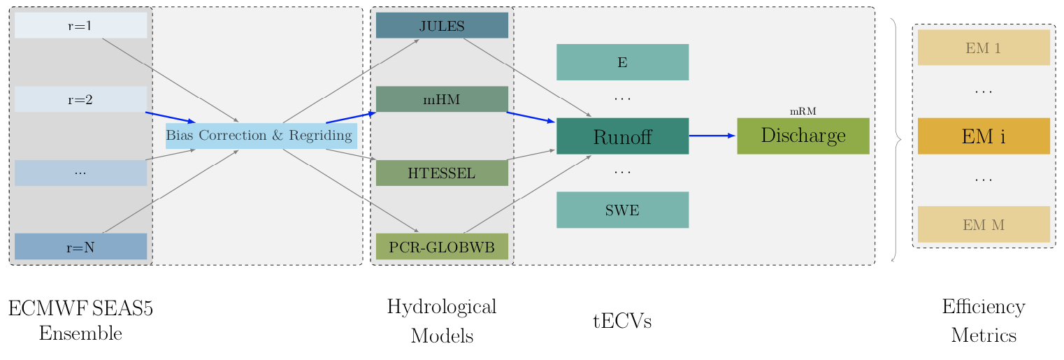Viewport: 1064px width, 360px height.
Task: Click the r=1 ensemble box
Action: [80, 26]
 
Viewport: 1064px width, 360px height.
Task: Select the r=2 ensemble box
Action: [80, 99]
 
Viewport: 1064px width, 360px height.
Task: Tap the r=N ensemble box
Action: [80, 246]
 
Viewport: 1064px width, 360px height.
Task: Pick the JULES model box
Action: [442, 26]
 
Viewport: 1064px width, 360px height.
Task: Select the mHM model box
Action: [442, 99]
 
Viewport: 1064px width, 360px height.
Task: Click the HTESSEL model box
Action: [442, 173]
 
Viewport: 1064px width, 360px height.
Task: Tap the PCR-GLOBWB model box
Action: [442, 247]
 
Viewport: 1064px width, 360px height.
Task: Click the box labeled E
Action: [622, 62]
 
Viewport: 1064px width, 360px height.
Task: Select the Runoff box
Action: [622, 136]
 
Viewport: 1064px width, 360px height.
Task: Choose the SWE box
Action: [622, 210]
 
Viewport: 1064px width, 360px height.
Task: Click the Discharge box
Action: [803, 136]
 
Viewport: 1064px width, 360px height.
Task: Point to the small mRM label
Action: [803, 111]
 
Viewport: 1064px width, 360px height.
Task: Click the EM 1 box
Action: [983, 48]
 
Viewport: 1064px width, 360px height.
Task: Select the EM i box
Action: [983, 136]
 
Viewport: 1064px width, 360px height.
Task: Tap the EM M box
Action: [983, 224]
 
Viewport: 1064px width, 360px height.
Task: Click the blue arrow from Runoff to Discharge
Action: [712, 136]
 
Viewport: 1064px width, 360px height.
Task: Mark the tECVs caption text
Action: [622, 322]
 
